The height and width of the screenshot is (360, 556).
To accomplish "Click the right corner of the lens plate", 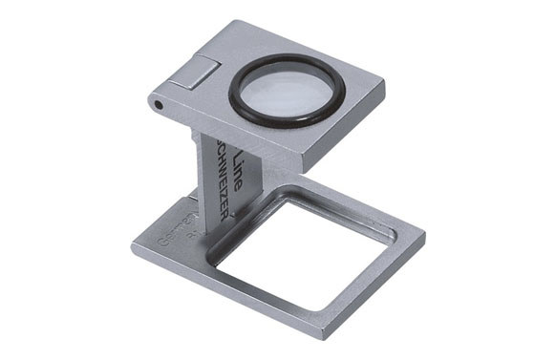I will [384, 87].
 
